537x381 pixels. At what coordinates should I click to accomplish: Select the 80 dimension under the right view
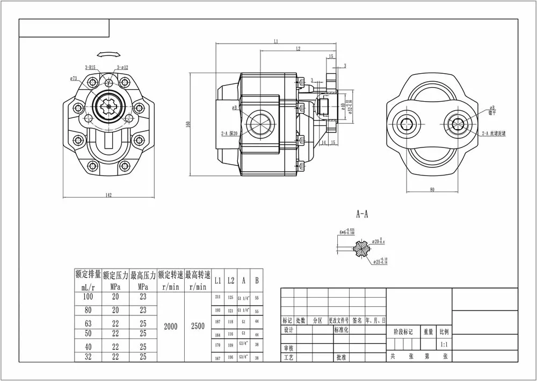[432, 189]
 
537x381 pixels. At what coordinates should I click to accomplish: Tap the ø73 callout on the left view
[74, 79]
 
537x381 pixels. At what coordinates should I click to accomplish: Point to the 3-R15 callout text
[90, 67]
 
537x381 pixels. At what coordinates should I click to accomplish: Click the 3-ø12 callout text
[122, 67]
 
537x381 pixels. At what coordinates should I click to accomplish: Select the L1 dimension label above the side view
[275, 41]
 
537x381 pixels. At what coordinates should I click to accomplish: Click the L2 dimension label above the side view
[298, 49]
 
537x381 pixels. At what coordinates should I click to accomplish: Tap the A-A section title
[362, 214]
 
